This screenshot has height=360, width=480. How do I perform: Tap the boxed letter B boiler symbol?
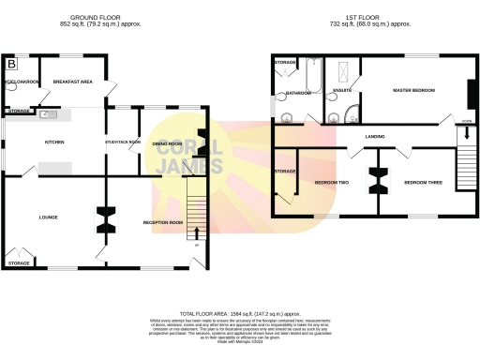coord(11,64)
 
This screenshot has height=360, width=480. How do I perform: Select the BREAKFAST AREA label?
coord(72,82)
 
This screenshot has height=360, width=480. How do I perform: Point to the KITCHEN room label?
coord(55,142)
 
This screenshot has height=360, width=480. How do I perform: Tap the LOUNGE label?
coord(49,217)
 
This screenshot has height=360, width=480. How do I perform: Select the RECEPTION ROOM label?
coord(161,222)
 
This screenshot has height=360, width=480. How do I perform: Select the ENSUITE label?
coord(342,91)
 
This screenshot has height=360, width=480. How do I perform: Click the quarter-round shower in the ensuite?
coord(350,115)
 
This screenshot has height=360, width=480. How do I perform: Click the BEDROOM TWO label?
coord(331,181)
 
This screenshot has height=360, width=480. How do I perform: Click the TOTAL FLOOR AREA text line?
coord(239,314)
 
